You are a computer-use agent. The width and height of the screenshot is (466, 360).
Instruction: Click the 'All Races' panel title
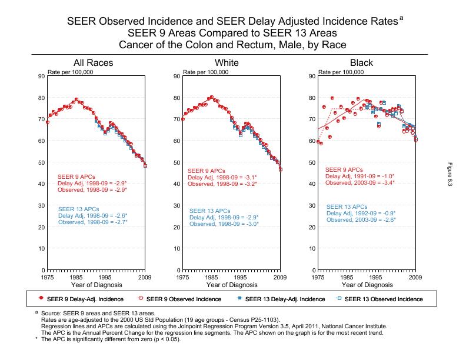coord(93,63)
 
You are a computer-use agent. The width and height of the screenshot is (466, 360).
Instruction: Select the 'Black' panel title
coord(361,63)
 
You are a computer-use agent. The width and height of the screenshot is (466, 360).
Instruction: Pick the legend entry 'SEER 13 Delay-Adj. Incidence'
coord(284,299)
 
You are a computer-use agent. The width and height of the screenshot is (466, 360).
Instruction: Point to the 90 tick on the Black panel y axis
coord(311,76)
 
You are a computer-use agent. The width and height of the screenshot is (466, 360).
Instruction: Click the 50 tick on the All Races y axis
coord(41,162)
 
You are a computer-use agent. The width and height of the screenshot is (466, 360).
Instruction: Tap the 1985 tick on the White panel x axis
coord(212,276)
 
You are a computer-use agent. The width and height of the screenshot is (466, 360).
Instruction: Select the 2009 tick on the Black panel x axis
coord(416,276)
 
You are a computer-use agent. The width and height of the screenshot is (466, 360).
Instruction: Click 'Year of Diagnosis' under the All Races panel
coord(96,285)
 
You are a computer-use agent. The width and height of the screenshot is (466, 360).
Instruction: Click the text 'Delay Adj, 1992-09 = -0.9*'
coord(361,214)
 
